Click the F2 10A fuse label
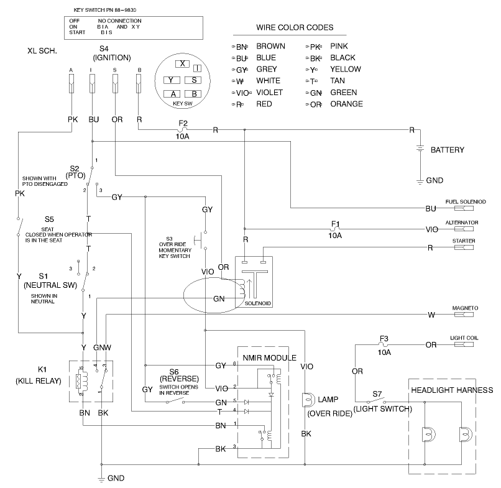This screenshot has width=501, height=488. (183, 131)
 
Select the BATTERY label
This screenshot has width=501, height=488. (447, 150)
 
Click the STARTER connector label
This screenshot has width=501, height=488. (469, 241)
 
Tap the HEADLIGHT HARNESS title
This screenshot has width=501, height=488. (452, 390)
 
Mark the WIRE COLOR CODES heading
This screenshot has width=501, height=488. (295, 28)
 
